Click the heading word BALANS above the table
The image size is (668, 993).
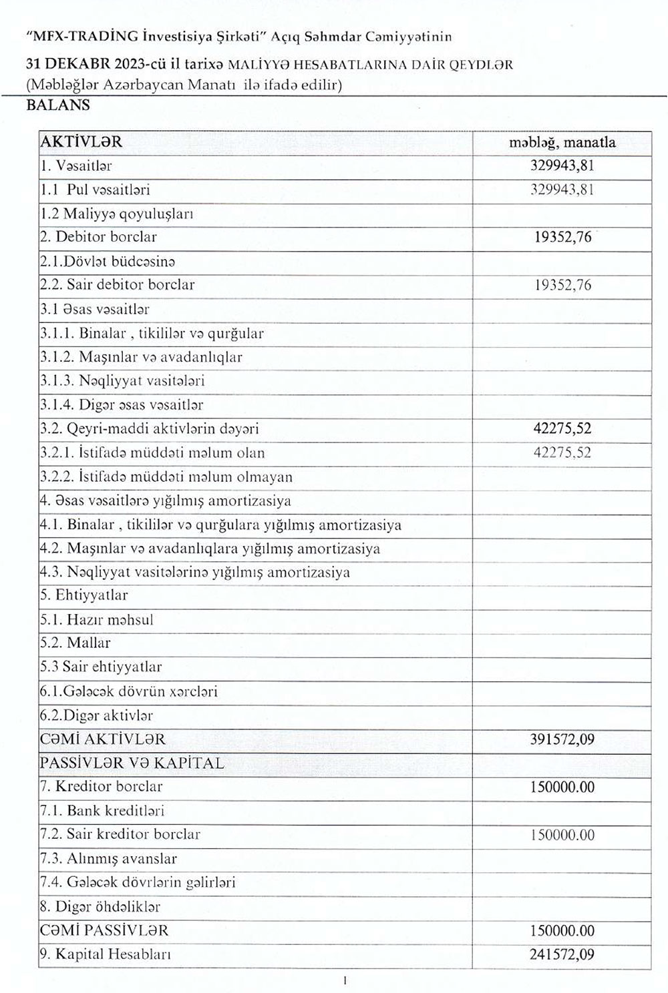(57, 105)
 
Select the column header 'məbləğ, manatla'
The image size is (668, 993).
(562, 142)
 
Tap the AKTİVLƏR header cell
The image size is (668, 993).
(81, 142)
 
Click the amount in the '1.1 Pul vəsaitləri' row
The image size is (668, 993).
(562, 190)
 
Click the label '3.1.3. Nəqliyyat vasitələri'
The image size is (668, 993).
(122, 381)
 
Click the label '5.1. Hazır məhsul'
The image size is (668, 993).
(97, 619)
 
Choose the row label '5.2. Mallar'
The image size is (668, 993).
(75, 643)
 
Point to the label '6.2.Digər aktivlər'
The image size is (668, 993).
(97, 715)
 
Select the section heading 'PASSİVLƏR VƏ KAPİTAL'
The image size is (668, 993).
(132, 763)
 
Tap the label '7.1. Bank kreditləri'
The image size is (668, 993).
(102, 811)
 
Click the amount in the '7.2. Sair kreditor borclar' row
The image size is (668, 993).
(562, 835)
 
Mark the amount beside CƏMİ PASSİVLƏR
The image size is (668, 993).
(562, 930)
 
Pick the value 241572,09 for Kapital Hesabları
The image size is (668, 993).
(562, 954)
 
